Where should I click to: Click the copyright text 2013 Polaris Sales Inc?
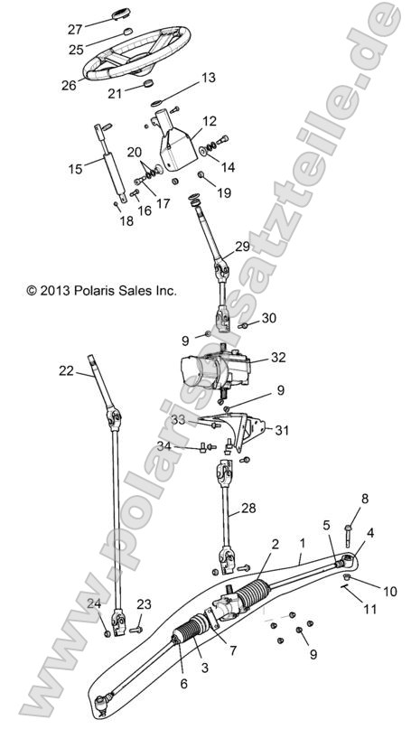pyautogui.click(x=101, y=291)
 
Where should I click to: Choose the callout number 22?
pyautogui.click(x=65, y=370)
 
